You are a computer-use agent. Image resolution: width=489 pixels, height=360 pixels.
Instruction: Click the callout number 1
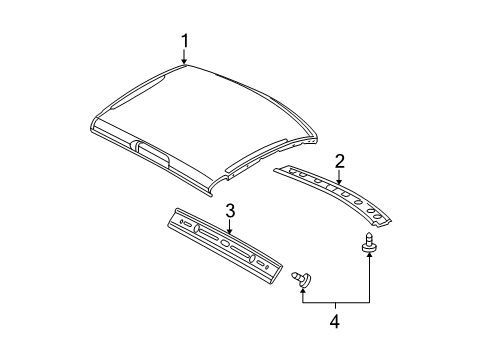tap(184, 41)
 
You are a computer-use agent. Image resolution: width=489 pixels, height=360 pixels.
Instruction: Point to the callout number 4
tap(335, 322)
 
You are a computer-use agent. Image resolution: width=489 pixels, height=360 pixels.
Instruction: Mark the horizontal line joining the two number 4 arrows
tap(335, 303)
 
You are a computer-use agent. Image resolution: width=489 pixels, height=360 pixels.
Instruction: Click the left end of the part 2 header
tap(280, 171)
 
